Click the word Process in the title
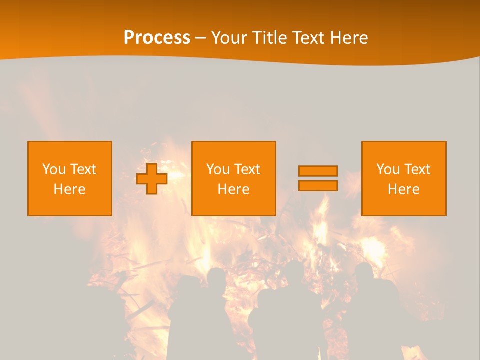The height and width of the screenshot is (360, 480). tap(157, 38)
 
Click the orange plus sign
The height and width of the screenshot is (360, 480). tap(152, 179)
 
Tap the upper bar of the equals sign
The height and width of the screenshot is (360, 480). tap(318, 171)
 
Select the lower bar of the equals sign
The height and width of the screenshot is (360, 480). tap(318, 185)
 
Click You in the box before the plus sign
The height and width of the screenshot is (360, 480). tap(53, 169)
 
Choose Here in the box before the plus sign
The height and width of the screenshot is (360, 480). tap(69, 189)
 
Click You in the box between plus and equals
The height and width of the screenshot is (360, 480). tap(217, 169)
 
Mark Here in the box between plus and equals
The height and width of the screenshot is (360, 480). tap(233, 189)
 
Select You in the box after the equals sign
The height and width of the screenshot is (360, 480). tap(387, 169)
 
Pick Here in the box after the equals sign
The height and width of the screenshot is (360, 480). tap(403, 189)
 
